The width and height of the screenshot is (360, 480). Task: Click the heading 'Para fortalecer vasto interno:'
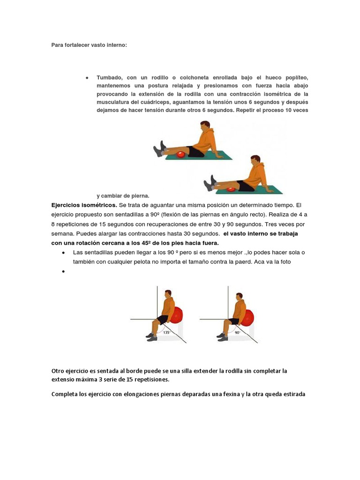pos(89,45)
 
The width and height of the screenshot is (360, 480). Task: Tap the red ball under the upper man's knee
pos(181,154)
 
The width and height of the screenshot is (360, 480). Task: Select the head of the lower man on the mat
pos(255,161)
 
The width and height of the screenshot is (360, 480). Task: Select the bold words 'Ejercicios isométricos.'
pos(84,205)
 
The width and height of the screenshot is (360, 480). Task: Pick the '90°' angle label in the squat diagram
pos(238,332)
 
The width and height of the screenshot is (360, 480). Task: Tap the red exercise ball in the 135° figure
pos(178,315)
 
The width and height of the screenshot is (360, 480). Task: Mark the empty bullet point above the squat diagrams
pos(63,272)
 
